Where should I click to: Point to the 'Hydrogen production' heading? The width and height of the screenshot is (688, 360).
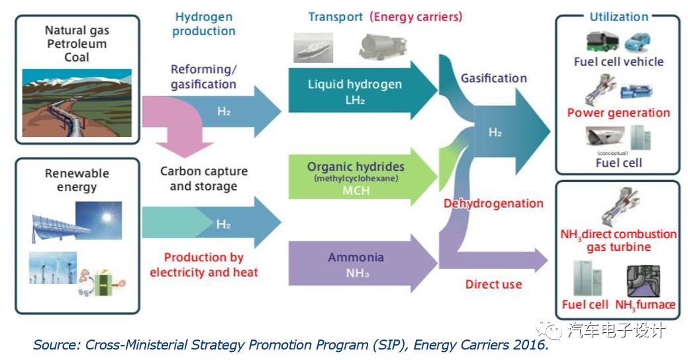(204, 24)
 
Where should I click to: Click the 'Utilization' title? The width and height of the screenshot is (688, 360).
(618, 17)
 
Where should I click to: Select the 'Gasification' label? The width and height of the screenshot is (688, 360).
(494, 78)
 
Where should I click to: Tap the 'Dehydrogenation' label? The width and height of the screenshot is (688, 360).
(494, 204)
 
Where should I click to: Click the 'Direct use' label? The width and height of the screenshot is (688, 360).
(493, 285)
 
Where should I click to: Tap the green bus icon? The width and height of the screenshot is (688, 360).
(602, 42)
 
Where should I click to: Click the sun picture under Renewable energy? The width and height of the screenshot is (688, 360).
(99, 222)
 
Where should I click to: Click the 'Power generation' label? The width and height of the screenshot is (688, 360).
(618, 113)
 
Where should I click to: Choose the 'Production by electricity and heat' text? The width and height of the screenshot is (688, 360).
(204, 265)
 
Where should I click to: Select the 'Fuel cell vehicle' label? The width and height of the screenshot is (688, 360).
(618, 62)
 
